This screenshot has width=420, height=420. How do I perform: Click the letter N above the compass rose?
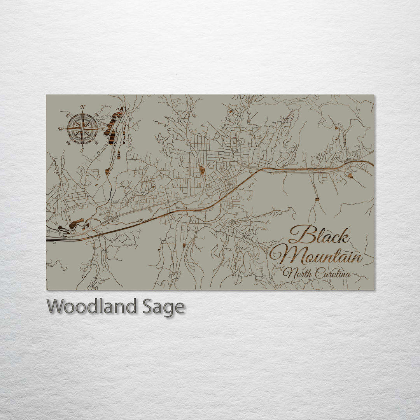click(x=82, y=107)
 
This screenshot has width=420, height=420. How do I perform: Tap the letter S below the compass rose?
click(x=82, y=150)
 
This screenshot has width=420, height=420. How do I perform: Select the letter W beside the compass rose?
click(x=61, y=129)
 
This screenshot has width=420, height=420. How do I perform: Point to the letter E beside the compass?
click(x=103, y=128)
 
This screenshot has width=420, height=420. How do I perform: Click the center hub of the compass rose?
click(x=82, y=128)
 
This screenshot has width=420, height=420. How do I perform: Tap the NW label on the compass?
click(x=68, y=114)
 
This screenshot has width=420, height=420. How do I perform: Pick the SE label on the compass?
click(x=96, y=142)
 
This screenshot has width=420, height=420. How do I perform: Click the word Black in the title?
click(x=319, y=235)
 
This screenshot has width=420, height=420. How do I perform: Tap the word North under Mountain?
click(x=297, y=274)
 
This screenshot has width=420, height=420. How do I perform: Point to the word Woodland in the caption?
click(x=92, y=306)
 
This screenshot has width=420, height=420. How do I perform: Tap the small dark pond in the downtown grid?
click(x=202, y=170)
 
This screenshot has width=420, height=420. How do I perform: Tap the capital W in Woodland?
click(x=55, y=306)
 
